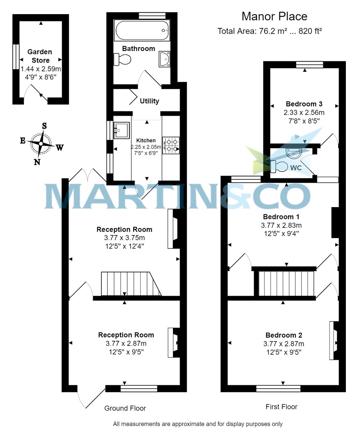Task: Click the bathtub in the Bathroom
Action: [142, 31]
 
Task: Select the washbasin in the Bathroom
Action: [165, 59]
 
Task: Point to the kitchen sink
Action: [121, 130]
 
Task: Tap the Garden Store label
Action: [40, 56]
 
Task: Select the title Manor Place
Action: [274, 16]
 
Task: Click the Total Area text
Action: [270, 31]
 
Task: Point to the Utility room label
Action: [149, 101]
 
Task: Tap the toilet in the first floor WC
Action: [279, 166]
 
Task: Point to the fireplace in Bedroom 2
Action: [333, 340]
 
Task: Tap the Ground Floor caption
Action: [125, 408]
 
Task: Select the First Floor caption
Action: [281, 407]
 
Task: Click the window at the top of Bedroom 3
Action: [309, 65]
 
